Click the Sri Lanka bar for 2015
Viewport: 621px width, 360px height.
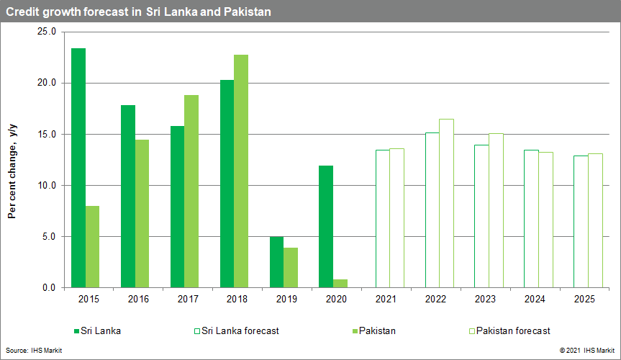click(78, 168)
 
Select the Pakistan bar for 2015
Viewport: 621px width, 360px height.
click(92, 247)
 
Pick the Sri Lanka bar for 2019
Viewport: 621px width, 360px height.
click(276, 262)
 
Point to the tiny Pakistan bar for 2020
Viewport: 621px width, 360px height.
click(340, 284)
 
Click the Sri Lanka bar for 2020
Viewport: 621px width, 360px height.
click(326, 227)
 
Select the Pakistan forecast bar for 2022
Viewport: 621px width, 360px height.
click(446, 203)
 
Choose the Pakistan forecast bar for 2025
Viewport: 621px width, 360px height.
click(595, 220)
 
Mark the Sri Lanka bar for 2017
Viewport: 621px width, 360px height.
click(177, 207)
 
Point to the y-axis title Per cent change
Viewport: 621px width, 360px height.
click(12, 170)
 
